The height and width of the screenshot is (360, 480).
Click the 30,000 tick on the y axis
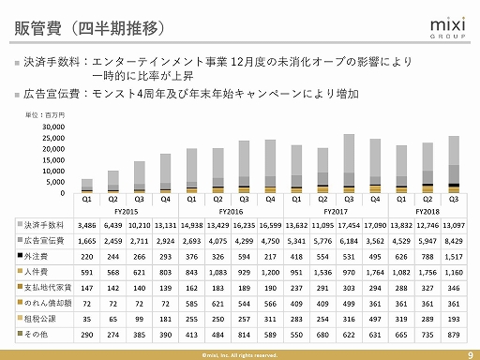[x=54, y=127]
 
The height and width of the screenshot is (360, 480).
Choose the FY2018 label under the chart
[x=414, y=211]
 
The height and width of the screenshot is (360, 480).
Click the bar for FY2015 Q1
[x=87, y=186]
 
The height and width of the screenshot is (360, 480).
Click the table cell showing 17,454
[x=349, y=226]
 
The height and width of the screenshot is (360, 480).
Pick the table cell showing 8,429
[x=455, y=240]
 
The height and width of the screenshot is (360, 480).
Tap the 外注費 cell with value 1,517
[x=455, y=254]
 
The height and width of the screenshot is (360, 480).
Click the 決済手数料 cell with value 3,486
[x=86, y=226]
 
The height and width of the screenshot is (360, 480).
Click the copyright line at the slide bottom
[x=240, y=354]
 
